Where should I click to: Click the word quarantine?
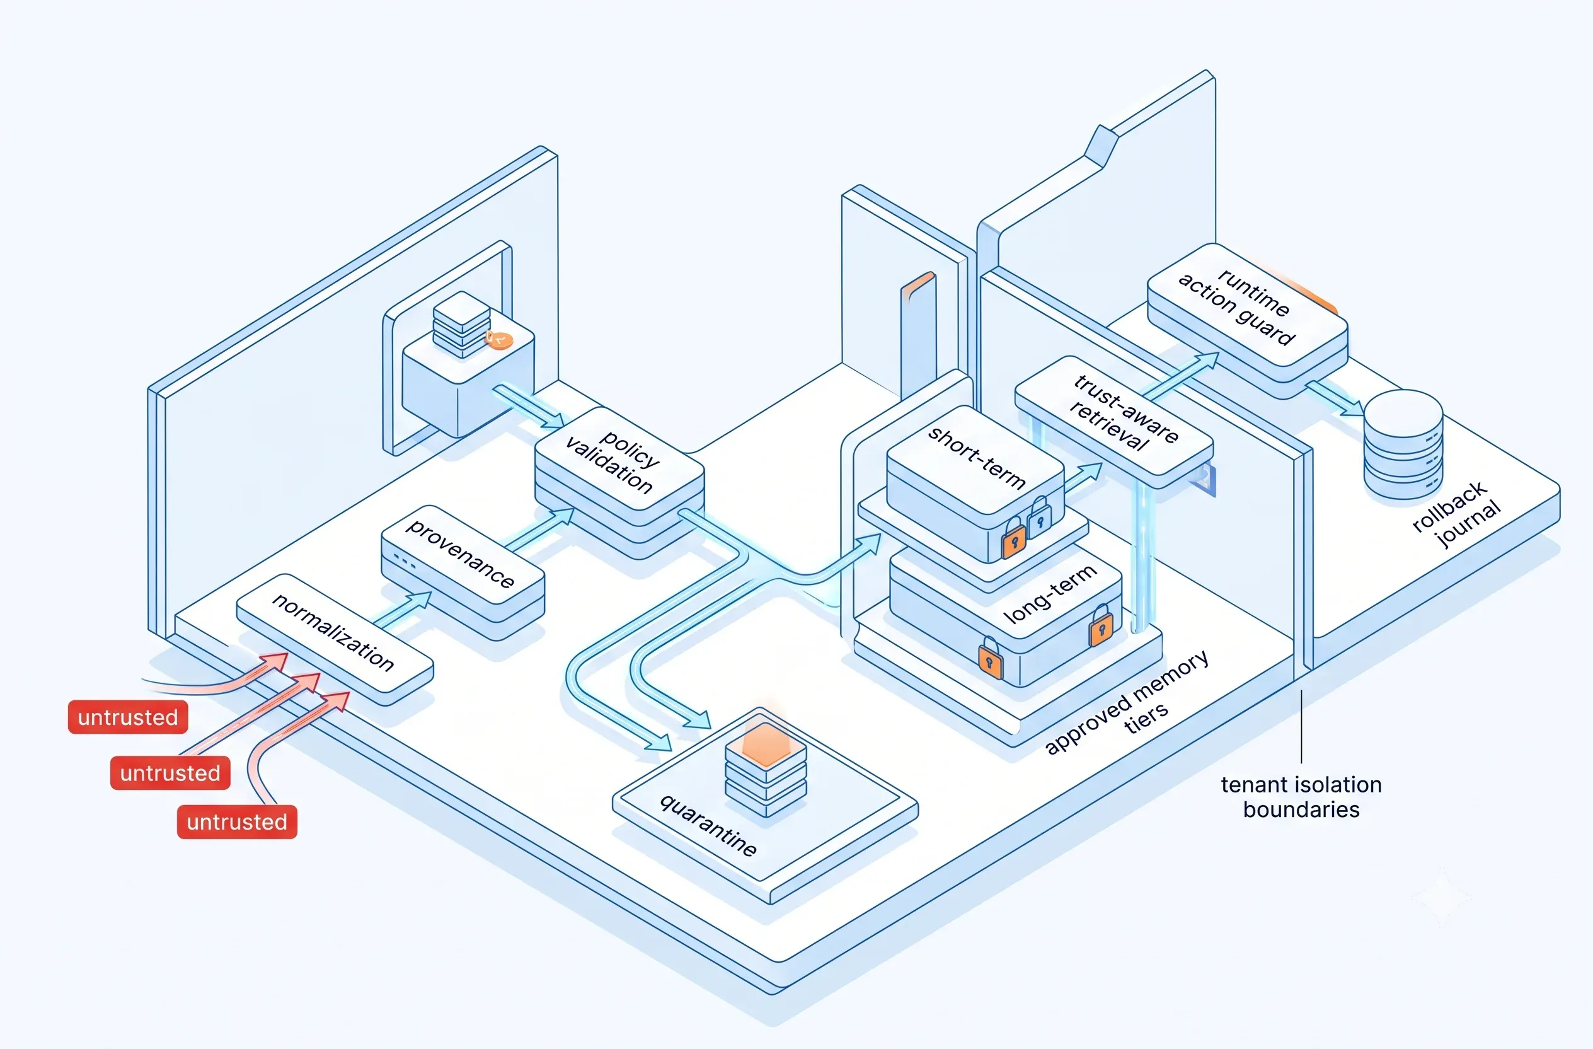(x=708, y=825)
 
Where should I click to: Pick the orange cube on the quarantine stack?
(x=766, y=744)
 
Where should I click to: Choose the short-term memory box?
(x=975, y=482)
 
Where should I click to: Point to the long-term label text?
(x=1050, y=593)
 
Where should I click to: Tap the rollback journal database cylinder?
(x=1403, y=443)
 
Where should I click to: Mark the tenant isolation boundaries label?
(x=1301, y=797)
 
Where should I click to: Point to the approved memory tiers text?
(x=1128, y=702)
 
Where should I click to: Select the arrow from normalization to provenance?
(x=403, y=610)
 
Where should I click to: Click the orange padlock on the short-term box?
(x=1013, y=538)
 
